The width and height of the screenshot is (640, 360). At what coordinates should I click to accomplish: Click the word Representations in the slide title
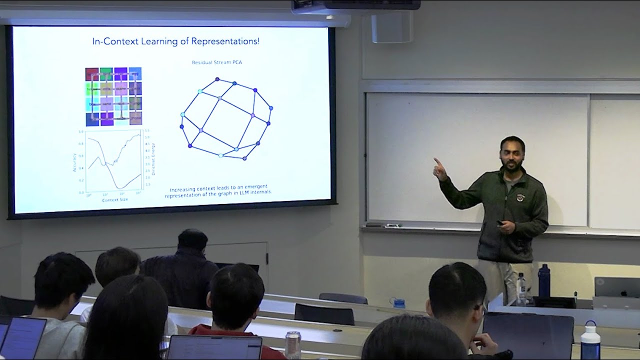pos(229,41)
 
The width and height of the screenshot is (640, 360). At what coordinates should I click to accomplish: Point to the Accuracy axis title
pos(74,161)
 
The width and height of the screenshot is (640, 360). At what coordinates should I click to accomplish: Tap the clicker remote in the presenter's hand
pos(500,222)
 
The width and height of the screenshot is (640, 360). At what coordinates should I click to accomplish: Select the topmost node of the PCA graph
pos(217,79)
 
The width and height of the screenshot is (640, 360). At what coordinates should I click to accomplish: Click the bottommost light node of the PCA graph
pos(220,155)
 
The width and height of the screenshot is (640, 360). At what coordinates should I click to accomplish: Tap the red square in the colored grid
pos(92,74)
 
